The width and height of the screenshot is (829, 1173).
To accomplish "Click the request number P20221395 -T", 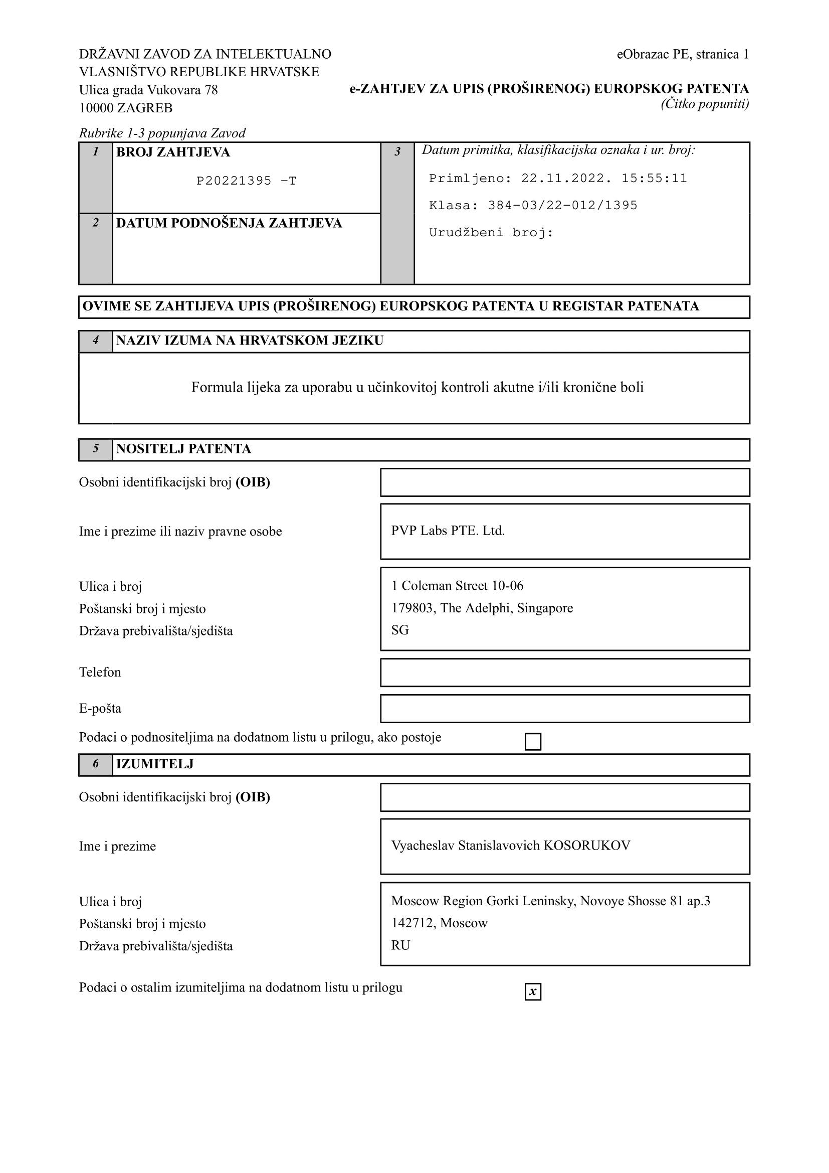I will click(246, 181).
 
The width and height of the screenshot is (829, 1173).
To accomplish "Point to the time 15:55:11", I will click(654, 179).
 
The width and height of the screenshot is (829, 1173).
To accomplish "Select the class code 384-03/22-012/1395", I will click(562, 206).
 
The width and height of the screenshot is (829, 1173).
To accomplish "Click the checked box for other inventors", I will click(533, 991).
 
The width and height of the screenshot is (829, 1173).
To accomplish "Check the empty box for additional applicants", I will click(533, 742).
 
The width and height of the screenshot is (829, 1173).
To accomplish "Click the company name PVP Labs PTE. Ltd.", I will click(448, 531).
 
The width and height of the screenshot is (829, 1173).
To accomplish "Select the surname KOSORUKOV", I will click(586, 846).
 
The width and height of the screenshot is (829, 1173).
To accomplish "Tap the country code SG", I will click(399, 630).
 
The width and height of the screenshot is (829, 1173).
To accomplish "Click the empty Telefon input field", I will click(564, 673).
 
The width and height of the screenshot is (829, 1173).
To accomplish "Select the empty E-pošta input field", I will click(564, 709).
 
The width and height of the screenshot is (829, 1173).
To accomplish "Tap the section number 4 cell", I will click(95, 341).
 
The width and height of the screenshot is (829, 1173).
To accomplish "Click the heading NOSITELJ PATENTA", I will click(183, 449).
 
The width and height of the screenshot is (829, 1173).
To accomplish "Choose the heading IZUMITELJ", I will click(155, 764).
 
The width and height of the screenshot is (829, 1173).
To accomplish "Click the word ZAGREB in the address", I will click(145, 108).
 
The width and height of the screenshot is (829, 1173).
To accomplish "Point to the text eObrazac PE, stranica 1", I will click(682, 54).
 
